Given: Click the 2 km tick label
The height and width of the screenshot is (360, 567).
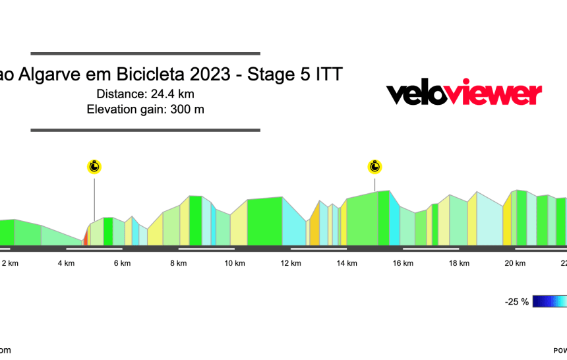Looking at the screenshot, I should point(10,264).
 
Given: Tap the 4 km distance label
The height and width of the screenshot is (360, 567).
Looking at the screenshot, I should point(66,264).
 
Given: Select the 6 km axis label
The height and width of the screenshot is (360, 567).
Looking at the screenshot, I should point(122,264).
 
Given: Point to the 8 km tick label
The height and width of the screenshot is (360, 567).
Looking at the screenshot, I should point(178,264).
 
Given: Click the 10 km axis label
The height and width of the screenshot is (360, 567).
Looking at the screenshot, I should point(235,264).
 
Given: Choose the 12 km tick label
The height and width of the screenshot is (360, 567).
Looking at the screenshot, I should point(291,264).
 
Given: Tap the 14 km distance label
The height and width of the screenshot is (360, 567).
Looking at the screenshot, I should point(347,264).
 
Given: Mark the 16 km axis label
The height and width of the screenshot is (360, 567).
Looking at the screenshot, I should point(403,264).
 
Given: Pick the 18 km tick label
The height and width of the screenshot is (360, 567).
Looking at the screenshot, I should point(459,264).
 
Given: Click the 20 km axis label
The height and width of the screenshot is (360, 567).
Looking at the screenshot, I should point(515,264).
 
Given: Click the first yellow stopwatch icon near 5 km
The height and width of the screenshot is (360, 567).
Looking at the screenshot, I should point(94,166).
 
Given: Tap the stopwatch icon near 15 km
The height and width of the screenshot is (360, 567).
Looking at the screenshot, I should point(375,166).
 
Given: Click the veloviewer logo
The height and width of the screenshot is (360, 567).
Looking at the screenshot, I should point(463,94).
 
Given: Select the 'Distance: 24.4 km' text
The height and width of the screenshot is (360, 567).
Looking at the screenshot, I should point(145,94).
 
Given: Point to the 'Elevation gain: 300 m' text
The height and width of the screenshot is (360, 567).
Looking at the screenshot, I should point(145,109).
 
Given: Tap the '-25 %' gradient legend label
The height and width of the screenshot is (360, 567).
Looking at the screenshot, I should point(516,302).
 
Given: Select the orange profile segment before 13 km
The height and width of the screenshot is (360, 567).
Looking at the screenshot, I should point(315,227).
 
